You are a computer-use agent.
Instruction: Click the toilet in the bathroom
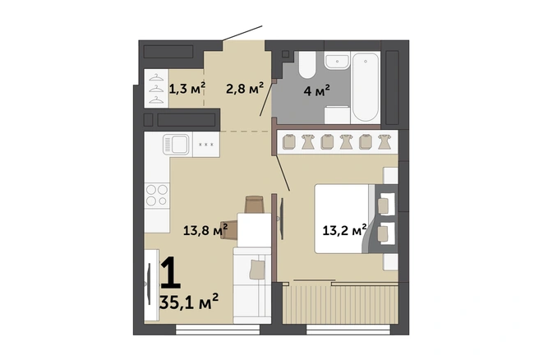(x=306, y=65)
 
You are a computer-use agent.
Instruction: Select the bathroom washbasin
(x=337, y=62)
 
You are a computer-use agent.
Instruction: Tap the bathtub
(x=366, y=86)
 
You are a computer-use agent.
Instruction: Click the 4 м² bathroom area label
(x=316, y=90)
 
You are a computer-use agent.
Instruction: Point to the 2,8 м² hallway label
(x=244, y=89)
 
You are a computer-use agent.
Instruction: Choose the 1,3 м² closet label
(x=187, y=89)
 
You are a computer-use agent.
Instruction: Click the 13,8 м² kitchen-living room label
(x=205, y=230)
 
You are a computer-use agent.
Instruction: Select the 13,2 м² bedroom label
(x=344, y=230)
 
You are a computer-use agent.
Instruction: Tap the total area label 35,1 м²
(x=189, y=302)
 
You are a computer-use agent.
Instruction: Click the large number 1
(x=171, y=273)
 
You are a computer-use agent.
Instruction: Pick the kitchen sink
(x=176, y=145)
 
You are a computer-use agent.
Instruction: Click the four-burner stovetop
(x=157, y=196)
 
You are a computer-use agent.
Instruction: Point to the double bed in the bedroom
(x=356, y=219)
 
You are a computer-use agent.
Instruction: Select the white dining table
(x=254, y=229)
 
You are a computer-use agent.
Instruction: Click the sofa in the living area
(x=252, y=285)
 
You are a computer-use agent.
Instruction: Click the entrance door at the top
(x=242, y=33)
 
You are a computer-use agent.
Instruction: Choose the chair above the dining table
(x=254, y=205)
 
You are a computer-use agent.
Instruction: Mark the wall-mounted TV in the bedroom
(x=281, y=219)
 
